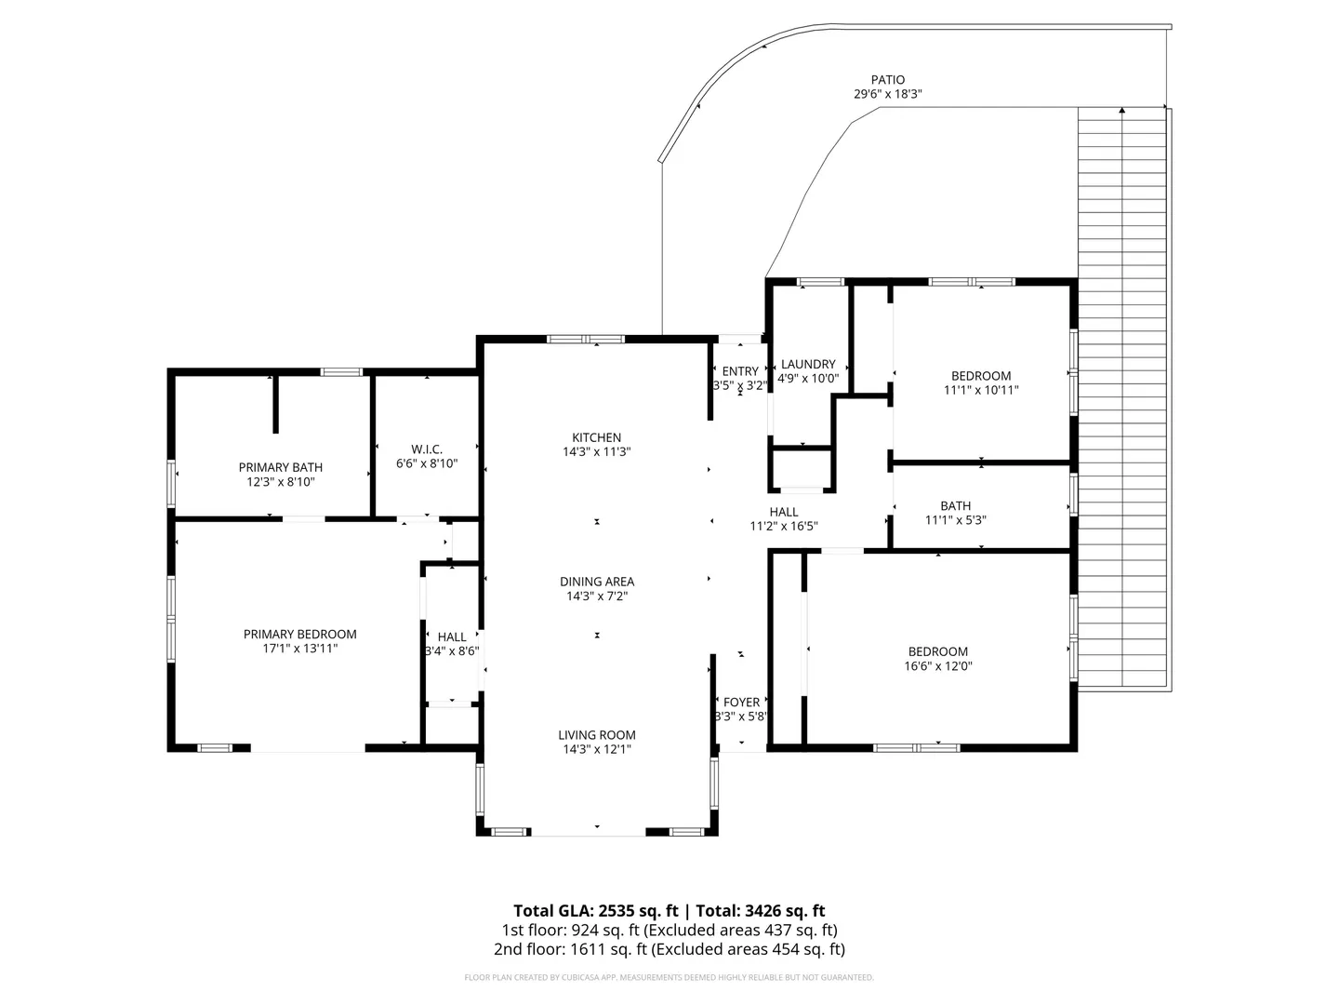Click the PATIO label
pyautogui.click(x=888, y=79)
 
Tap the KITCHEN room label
pyautogui.click(x=597, y=437)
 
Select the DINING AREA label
pyautogui.click(x=597, y=582)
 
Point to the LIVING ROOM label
pyautogui.click(x=597, y=735)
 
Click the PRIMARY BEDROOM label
pyautogui.click(x=300, y=634)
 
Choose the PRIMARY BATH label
pyautogui.click(x=281, y=467)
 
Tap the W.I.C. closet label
pyautogui.click(x=427, y=449)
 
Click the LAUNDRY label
pyautogui.click(x=808, y=364)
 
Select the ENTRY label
pyautogui.click(x=740, y=371)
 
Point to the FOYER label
pyautogui.click(x=742, y=703)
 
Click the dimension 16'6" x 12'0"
pyautogui.click(x=938, y=665)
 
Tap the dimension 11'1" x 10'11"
pyautogui.click(x=981, y=390)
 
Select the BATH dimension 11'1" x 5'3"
pyautogui.click(x=956, y=520)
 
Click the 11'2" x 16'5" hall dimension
pyautogui.click(x=784, y=526)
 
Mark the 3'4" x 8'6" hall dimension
pyautogui.click(x=452, y=651)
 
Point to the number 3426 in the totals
pyautogui.click(x=763, y=911)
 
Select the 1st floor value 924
pyautogui.click(x=582, y=930)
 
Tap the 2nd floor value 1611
pyautogui.click(x=586, y=949)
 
